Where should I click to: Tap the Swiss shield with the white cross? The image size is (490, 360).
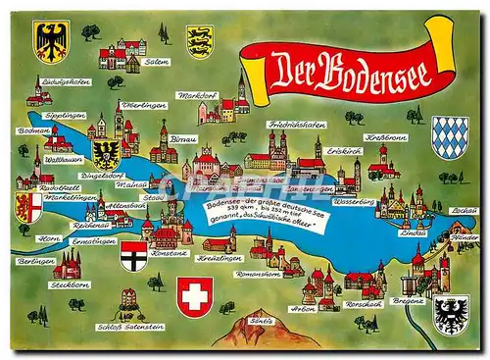pos(195,294)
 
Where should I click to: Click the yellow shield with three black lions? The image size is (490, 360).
pos(201,41)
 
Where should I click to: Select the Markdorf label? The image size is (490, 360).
pos(196,95)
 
